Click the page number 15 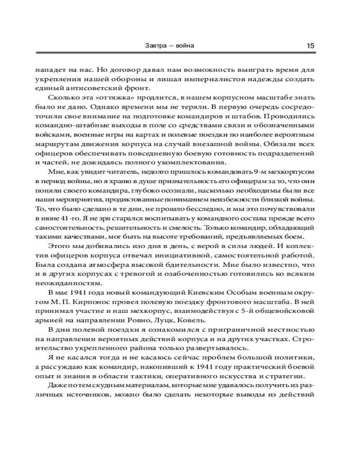310,45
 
